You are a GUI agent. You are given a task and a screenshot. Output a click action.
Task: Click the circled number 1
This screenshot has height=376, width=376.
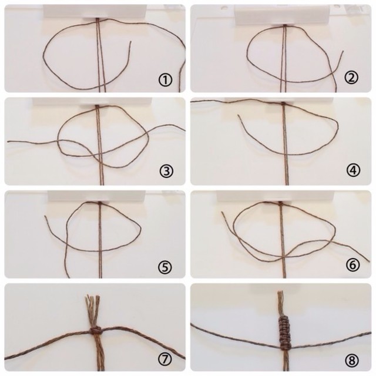[x=165, y=80]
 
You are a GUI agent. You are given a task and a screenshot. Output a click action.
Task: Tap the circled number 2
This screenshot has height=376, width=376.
[x=351, y=78]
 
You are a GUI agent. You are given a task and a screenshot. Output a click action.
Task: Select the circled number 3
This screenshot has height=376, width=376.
[x=166, y=171]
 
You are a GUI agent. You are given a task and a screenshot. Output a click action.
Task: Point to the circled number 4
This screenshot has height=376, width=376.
[x=353, y=170]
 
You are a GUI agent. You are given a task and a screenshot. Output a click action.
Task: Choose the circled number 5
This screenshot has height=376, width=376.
[x=165, y=266]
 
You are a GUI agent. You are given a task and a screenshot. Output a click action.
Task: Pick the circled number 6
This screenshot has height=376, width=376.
[x=352, y=265]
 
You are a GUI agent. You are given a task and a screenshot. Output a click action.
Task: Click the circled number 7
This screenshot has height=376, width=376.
[x=165, y=359]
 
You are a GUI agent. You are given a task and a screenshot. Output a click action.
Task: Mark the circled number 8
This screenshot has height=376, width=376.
[x=352, y=360]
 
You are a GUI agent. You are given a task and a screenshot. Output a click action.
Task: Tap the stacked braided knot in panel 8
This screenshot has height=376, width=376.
[x=284, y=332]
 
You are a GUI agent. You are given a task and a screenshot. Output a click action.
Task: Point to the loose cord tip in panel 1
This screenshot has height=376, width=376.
[x=130, y=42]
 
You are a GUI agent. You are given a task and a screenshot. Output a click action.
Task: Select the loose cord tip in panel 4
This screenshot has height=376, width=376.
[x=239, y=116]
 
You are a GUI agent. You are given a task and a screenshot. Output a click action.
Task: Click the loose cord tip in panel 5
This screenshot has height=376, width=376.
[x=45, y=216]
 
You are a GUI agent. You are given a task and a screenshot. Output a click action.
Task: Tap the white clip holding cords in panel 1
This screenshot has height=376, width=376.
[x=94, y=12]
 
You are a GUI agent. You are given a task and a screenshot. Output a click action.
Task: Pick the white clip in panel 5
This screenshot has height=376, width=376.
[x=96, y=197]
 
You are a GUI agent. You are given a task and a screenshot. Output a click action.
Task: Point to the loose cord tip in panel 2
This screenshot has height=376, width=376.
[x=343, y=51]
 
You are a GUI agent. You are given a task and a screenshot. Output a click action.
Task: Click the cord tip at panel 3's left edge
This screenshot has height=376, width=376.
[x=8, y=142]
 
